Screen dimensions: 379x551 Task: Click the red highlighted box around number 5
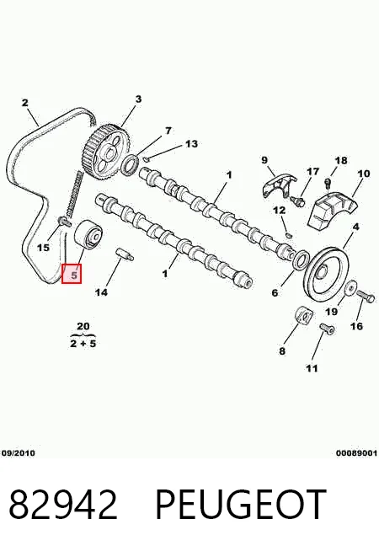[x=72, y=274]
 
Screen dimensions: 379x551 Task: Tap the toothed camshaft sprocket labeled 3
[x=108, y=152]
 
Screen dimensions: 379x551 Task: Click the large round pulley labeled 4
[x=327, y=273]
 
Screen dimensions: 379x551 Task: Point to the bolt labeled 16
[x=366, y=297]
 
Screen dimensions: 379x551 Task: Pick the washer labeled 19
[x=350, y=288]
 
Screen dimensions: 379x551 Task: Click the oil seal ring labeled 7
[x=130, y=164]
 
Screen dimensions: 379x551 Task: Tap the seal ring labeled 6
[x=301, y=260]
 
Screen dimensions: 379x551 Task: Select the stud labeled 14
[x=125, y=254]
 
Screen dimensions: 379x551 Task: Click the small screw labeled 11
[x=327, y=329]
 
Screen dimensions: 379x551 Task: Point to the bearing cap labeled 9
[x=279, y=185]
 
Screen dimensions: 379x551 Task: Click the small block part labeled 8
[x=302, y=315]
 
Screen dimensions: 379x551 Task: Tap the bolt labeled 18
[x=328, y=182]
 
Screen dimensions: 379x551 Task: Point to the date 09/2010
[x=19, y=453]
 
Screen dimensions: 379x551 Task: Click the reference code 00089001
[x=356, y=453]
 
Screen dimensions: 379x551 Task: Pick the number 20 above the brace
[x=83, y=326]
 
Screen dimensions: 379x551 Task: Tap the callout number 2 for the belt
[x=24, y=103]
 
